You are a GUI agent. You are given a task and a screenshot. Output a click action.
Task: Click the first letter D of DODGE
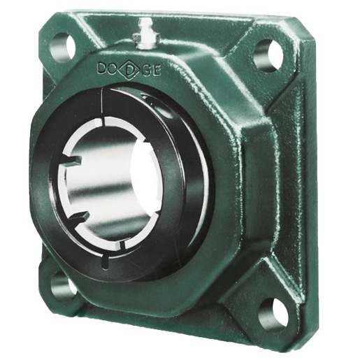tap(102, 69)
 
